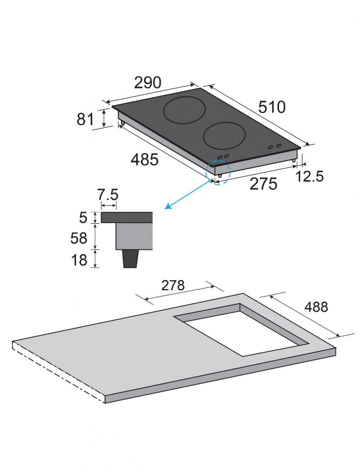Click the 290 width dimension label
click(148, 83)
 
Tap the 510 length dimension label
click(272, 107)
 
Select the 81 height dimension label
click(85, 119)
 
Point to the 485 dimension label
click(144, 159)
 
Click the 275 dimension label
click(264, 184)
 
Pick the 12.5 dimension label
click(310, 176)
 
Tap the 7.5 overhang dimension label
click(108, 195)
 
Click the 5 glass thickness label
click(83, 217)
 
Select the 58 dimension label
click(79, 238)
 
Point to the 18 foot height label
click(79, 260)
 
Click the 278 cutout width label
click(173, 285)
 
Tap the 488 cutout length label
click(316, 307)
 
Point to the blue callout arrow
click(188, 195)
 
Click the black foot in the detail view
click(130, 259)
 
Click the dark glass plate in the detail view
click(126, 217)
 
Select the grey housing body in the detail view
click(134, 236)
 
